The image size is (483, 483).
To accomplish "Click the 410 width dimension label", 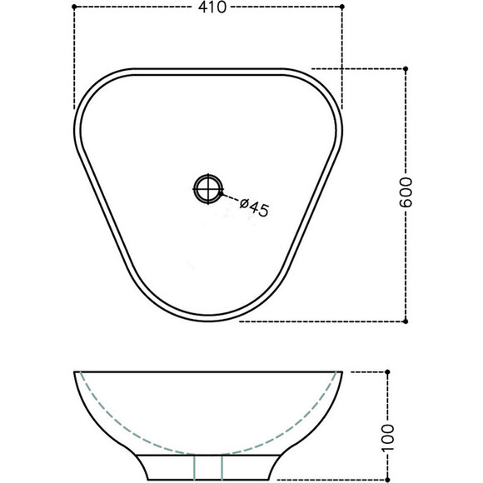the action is pos(212,7).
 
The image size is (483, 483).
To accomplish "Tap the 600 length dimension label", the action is pos(406,192).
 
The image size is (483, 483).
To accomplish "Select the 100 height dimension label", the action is pos(388,437).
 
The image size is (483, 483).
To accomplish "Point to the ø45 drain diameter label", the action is pos(255,207).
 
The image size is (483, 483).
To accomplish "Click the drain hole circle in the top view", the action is pos(208,189).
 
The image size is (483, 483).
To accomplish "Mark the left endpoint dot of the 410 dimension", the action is pos(74,7).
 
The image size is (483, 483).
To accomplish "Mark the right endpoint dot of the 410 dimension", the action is pos(342,7).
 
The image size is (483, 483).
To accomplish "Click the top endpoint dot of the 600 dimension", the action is pos(406,68).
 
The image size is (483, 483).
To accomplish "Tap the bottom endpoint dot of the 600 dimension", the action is pos(406,321).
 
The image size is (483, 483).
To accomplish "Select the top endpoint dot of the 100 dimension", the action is pos(388,372).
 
